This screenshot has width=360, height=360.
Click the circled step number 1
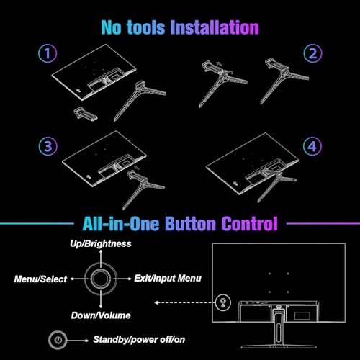[x=48, y=53]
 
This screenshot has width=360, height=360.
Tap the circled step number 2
[x=312, y=53]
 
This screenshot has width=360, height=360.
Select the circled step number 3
[x=48, y=146]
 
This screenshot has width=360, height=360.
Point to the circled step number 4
[x=312, y=146]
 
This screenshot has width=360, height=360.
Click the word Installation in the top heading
[x=215, y=27]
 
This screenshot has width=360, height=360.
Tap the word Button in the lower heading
[x=191, y=223]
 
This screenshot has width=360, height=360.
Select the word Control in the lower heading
[x=249, y=223]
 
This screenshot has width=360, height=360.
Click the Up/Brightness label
[x=101, y=244]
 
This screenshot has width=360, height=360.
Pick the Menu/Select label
[x=40, y=279]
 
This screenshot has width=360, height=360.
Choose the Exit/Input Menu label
[x=168, y=278]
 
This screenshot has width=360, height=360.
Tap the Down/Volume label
[x=101, y=315]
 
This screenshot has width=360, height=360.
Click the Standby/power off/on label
[x=139, y=339]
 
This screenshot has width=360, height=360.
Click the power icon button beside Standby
[x=58, y=340]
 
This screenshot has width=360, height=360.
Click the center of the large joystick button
[x=101, y=279]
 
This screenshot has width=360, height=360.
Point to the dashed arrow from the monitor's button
[x=184, y=302]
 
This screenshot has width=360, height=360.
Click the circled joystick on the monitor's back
[x=223, y=302]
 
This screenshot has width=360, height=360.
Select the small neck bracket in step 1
[x=85, y=113]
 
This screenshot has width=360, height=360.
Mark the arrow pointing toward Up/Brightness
[x=101, y=258]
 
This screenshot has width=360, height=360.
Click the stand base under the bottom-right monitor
[x=279, y=347]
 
